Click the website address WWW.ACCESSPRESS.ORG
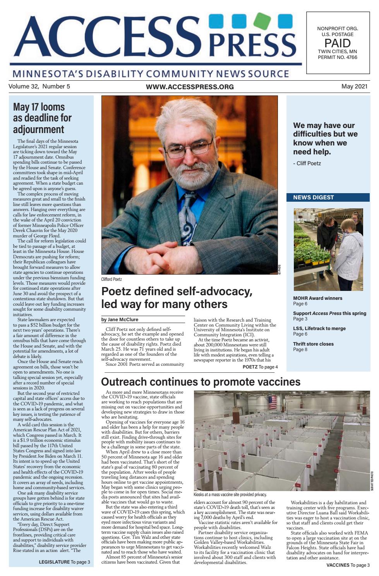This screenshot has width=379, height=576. pos(190,87)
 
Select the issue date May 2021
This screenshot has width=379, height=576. pos(354,86)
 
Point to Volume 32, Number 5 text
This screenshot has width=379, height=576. pos(39,86)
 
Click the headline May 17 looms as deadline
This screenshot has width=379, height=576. pos(43,118)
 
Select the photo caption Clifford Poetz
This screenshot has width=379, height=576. pos(111,279)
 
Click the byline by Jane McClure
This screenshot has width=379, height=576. pos(120,320)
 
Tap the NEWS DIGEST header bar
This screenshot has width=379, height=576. pos(328,197)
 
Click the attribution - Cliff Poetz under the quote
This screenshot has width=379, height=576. pos(307,163)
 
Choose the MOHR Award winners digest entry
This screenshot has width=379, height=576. pos(317,298)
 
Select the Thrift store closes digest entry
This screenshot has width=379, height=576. pos(313,344)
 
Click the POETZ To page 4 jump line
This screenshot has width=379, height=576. pos(260,367)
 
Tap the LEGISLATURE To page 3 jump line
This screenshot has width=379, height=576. pos(64,562)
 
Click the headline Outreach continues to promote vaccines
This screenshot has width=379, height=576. pos(201,382)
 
